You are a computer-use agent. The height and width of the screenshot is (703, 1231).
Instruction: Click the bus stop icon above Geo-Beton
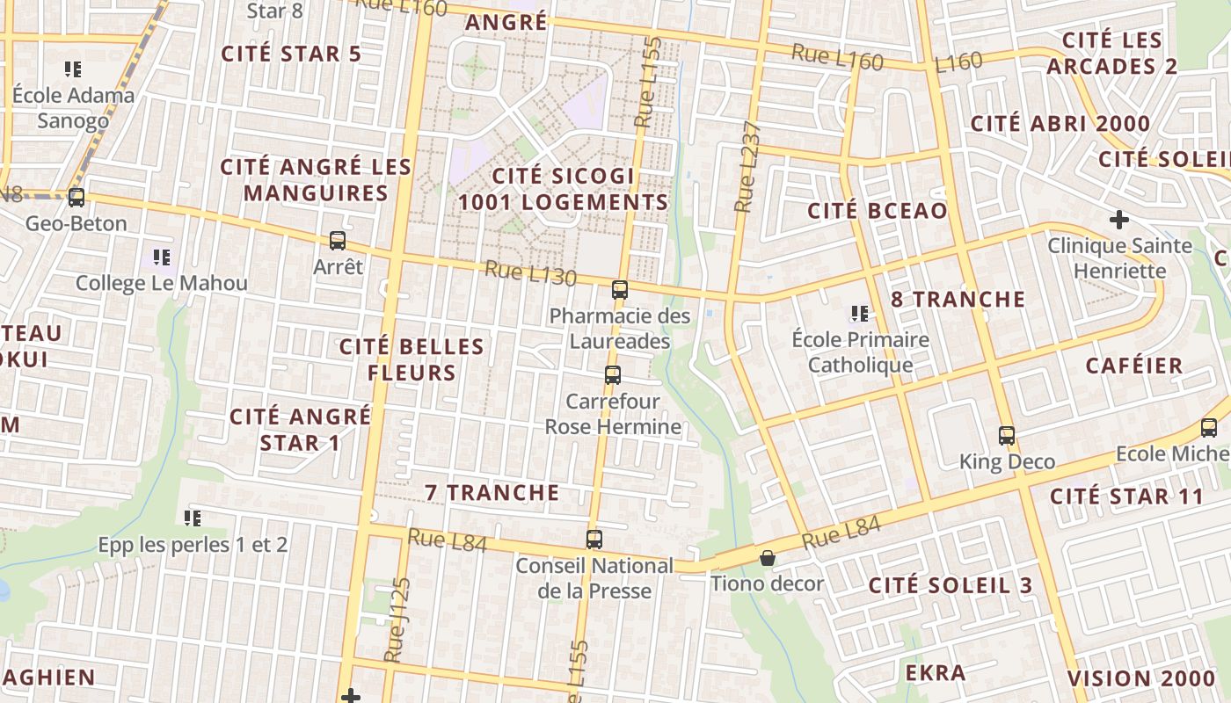pos(76,198)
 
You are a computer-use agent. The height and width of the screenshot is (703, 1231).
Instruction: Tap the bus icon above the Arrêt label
pos(337,240)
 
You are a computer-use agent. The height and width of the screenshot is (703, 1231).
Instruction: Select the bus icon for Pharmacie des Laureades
pos(620,289)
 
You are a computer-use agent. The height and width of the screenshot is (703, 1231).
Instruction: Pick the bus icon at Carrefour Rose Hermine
pos(613,375)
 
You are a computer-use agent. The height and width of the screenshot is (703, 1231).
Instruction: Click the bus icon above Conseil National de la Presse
pos(594,540)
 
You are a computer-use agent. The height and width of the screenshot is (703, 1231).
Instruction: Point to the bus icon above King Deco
pos(1007,435)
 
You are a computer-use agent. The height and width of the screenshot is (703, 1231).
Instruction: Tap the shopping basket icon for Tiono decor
pos(768,558)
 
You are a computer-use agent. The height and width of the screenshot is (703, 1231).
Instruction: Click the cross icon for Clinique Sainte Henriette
pos(1119,219)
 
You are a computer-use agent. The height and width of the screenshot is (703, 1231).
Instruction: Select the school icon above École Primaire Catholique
pos(859,314)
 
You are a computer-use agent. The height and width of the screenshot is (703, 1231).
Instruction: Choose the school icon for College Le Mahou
pos(161,257)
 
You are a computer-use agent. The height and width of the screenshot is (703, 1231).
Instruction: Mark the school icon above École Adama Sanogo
pos(73,69)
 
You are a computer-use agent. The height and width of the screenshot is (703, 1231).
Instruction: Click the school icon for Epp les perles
pos(193,518)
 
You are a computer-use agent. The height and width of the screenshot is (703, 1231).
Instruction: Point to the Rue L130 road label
pos(530,274)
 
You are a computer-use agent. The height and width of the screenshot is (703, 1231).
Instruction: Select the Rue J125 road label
pos(398,620)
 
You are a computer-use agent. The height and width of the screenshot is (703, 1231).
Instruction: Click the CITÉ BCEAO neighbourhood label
pos(878,211)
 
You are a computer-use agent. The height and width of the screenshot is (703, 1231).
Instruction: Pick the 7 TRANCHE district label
pos(492,493)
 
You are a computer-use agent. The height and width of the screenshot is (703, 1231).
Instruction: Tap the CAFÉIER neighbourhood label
pos(1134,366)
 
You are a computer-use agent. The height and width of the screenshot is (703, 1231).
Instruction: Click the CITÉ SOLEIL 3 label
pos(951,585)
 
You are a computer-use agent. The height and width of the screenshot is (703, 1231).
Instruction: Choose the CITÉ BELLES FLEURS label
pos(412,359)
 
